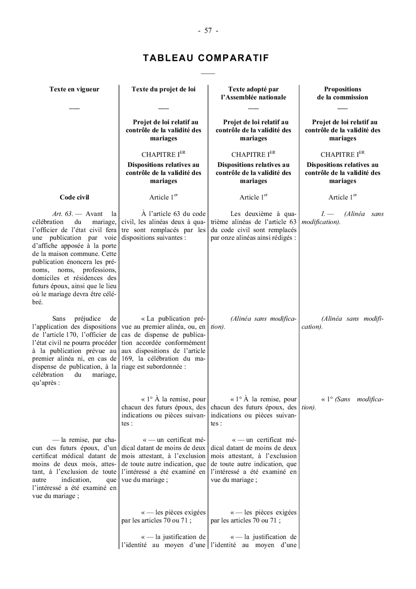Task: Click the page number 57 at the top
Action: [x=208, y=31]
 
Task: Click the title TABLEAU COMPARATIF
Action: [x=206, y=58]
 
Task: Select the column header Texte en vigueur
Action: [x=74, y=89]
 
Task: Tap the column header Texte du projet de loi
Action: [x=163, y=89]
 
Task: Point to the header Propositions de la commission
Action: [x=343, y=93]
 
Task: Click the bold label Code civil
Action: [x=74, y=197]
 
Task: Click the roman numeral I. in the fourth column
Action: [x=323, y=214]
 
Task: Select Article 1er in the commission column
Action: [x=342, y=197]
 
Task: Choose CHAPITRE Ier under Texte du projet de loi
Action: [x=163, y=154]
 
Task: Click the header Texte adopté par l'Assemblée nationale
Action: [x=253, y=93]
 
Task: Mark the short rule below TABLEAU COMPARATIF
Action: [x=208, y=74]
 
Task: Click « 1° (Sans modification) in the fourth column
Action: [x=342, y=403]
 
